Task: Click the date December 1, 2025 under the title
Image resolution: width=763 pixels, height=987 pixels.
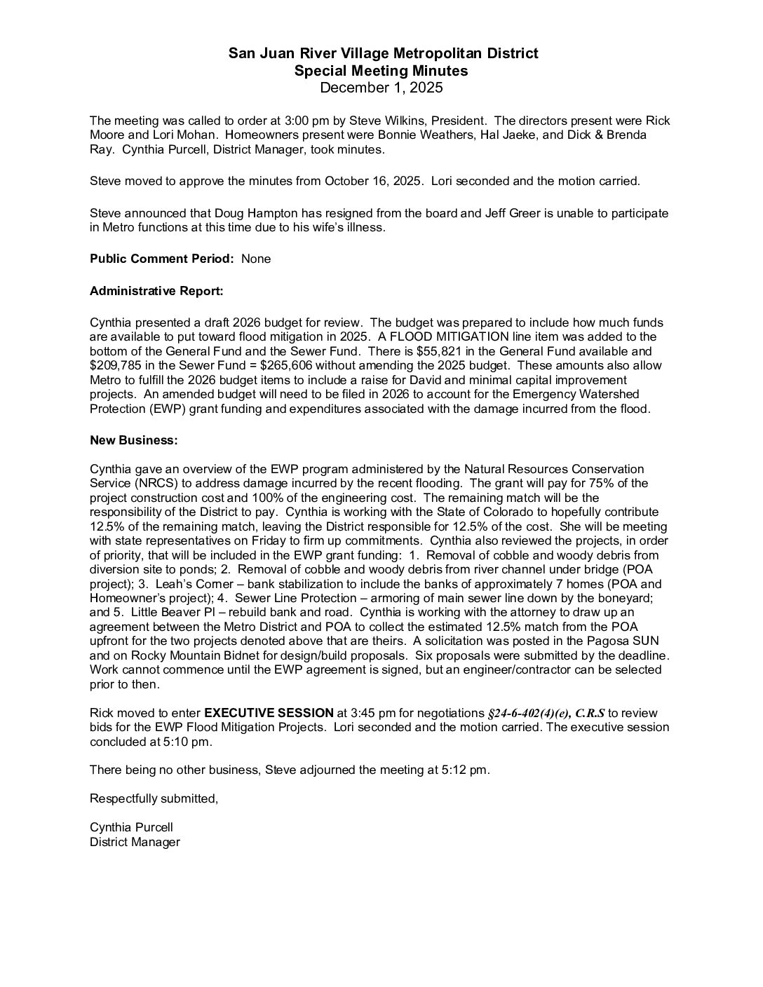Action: click(x=381, y=88)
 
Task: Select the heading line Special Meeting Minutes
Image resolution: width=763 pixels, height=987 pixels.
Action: click(x=381, y=71)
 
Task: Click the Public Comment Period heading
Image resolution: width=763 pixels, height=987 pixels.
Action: click(x=161, y=259)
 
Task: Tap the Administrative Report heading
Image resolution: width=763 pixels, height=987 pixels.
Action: click(x=156, y=290)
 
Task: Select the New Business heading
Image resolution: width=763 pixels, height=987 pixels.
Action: click(x=133, y=440)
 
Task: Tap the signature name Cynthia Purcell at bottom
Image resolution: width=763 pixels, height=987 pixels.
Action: click(x=131, y=828)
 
